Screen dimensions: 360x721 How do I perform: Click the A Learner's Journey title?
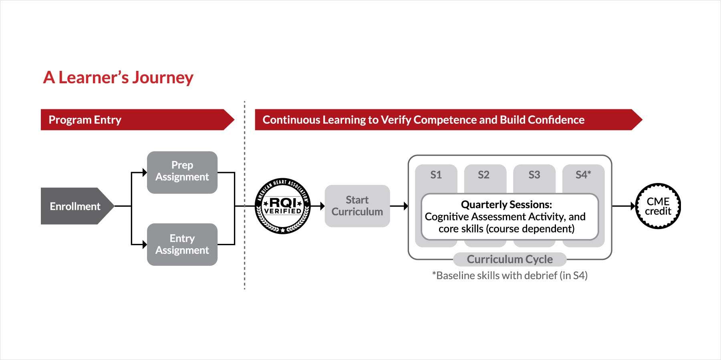[x=118, y=77]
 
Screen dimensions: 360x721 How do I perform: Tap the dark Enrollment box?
[x=75, y=206]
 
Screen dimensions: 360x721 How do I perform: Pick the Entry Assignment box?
[x=182, y=244]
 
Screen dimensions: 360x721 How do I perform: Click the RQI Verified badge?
[x=283, y=206]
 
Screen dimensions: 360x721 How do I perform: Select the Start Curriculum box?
[x=357, y=206]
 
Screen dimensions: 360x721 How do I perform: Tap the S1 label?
[x=436, y=175]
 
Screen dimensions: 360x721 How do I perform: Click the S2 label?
[x=483, y=175]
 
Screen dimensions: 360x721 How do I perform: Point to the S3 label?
[x=534, y=175]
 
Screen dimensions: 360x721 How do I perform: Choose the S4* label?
[x=583, y=175]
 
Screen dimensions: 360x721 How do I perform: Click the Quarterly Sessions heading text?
[x=506, y=205]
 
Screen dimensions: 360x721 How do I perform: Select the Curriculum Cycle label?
[x=510, y=259]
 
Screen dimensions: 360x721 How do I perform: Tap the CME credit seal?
[x=658, y=206]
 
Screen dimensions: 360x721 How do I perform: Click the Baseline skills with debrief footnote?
[x=510, y=276]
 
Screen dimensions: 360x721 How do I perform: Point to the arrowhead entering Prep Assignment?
[x=145, y=173]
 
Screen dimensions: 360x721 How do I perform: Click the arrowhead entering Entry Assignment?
[x=145, y=244]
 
